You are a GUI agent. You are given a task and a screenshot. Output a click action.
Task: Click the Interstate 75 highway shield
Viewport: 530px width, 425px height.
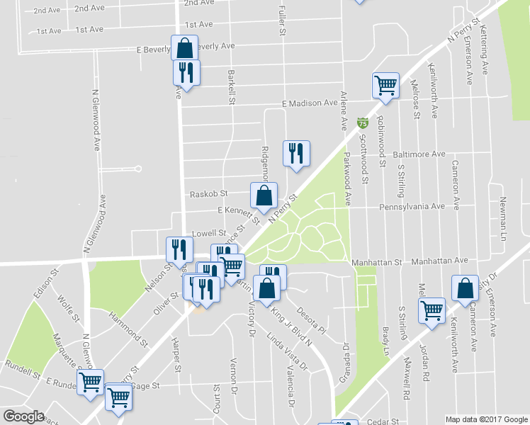[363, 123]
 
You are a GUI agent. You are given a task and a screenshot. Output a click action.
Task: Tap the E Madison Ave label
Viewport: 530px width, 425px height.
[310, 103]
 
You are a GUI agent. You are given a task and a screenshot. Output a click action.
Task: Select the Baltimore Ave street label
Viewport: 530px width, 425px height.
[419, 154]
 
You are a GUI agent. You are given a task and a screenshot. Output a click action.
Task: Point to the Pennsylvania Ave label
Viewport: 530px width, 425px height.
[412, 207]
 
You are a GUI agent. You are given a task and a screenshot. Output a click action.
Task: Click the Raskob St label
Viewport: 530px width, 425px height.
[208, 193]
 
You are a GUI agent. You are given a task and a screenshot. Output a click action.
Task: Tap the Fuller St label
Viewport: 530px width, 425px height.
[281, 22]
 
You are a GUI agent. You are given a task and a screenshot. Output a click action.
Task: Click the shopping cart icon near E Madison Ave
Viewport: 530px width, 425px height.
[386, 85]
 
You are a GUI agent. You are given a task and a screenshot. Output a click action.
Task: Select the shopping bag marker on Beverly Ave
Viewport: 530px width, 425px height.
[184, 48]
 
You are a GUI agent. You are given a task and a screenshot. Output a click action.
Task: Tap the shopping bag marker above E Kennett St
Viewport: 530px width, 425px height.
[264, 195]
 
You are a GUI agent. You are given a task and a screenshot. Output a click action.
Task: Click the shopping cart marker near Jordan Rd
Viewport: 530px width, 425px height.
[432, 310]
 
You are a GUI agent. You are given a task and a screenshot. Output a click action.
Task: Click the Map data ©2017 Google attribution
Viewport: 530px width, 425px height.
[486, 419]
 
